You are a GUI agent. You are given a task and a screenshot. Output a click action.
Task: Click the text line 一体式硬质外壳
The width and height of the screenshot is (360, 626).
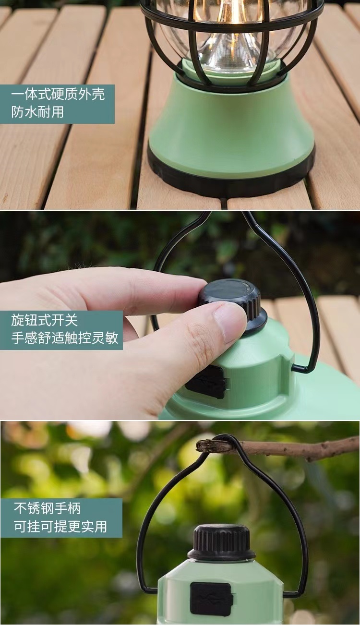(x=58, y=95)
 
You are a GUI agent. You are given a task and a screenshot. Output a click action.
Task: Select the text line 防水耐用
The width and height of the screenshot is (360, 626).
(x=37, y=112)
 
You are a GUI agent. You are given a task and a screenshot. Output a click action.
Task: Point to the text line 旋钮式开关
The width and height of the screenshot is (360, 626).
(x=45, y=320)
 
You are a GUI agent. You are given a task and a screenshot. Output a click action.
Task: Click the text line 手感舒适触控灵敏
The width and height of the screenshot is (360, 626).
(x=65, y=337)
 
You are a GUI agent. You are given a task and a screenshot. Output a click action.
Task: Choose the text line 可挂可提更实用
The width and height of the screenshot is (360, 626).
(x=60, y=526)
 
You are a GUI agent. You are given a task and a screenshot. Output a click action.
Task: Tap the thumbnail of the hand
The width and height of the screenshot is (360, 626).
(x=226, y=324)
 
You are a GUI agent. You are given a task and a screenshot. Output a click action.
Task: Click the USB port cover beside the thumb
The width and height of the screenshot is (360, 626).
(x=205, y=382)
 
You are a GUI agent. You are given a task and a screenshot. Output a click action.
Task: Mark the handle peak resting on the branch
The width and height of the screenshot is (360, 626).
(x=224, y=437)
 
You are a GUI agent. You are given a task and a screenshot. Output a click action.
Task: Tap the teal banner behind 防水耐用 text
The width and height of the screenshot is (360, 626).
(x=57, y=104)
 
